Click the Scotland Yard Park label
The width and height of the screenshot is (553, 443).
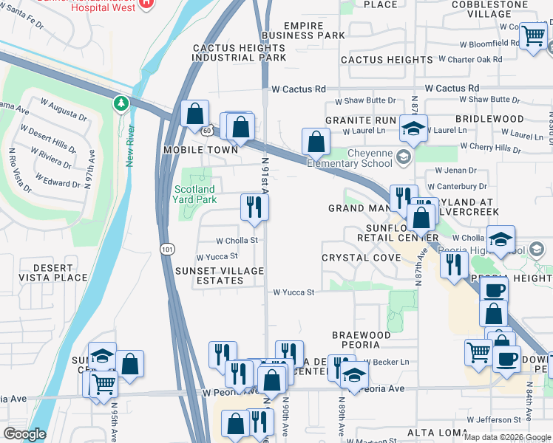point(194,194)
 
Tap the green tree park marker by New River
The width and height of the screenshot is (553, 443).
point(120,103)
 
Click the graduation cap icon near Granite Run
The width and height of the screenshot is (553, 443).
point(413,128)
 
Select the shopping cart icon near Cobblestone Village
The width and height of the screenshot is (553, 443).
point(532,35)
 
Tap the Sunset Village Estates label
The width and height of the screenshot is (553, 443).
point(220,275)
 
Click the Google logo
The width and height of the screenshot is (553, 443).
point(24,434)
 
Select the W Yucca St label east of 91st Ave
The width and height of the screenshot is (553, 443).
point(294,292)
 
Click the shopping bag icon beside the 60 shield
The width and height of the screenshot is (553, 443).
point(194,114)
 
